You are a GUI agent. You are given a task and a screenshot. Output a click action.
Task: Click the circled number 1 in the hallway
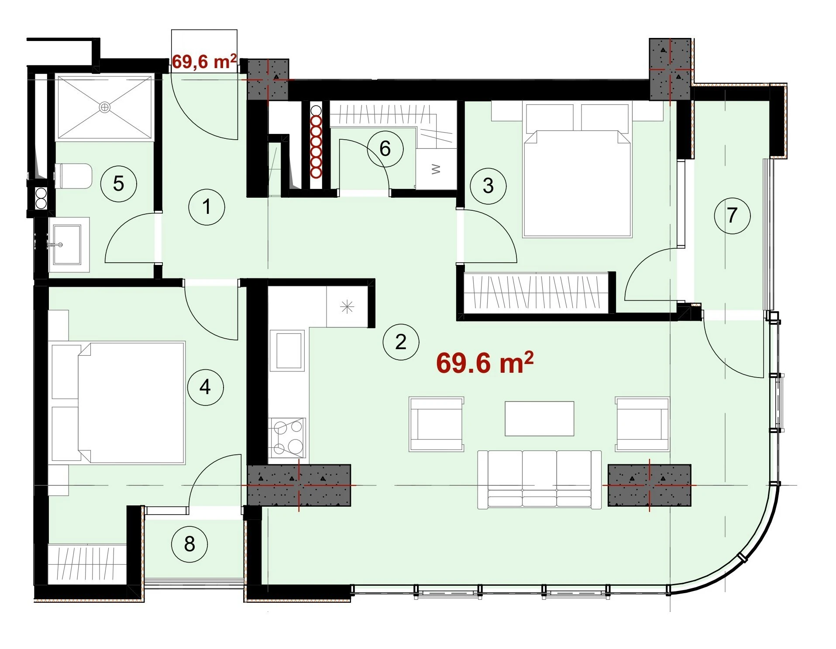[x=206, y=207]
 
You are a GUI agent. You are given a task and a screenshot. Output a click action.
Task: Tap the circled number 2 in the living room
[x=401, y=342]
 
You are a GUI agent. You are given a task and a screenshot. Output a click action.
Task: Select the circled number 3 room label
[x=488, y=186]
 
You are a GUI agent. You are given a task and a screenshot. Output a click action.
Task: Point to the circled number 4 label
[x=205, y=387]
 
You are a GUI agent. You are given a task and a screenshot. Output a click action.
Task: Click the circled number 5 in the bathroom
[x=118, y=183]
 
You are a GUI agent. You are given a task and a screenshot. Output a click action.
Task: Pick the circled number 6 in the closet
[x=385, y=149]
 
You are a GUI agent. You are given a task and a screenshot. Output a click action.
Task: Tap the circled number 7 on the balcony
[x=732, y=216]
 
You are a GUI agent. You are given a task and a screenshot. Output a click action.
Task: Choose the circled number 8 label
[x=189, y=544]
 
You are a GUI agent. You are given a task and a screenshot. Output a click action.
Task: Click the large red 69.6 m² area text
[x=485, y=363]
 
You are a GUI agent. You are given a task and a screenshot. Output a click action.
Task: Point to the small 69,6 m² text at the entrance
[x=204, y=62]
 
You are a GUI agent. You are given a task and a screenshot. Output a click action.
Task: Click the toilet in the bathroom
[x=73, y=176]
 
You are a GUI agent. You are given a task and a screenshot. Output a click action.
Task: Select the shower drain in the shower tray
[x=105, y=107]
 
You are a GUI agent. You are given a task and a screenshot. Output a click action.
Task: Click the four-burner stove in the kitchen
[x=287, y=437]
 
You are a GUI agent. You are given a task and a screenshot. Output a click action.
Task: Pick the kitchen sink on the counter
[x=287, y=350]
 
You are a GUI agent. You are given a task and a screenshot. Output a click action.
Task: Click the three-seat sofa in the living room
[x=540, y=480]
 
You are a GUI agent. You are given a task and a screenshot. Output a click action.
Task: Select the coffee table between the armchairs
[x=540, y=419]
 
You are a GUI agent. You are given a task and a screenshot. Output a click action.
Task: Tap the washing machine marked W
[x=436, y=169]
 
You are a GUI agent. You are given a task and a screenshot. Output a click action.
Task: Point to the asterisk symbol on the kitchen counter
[x=347, y=307]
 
